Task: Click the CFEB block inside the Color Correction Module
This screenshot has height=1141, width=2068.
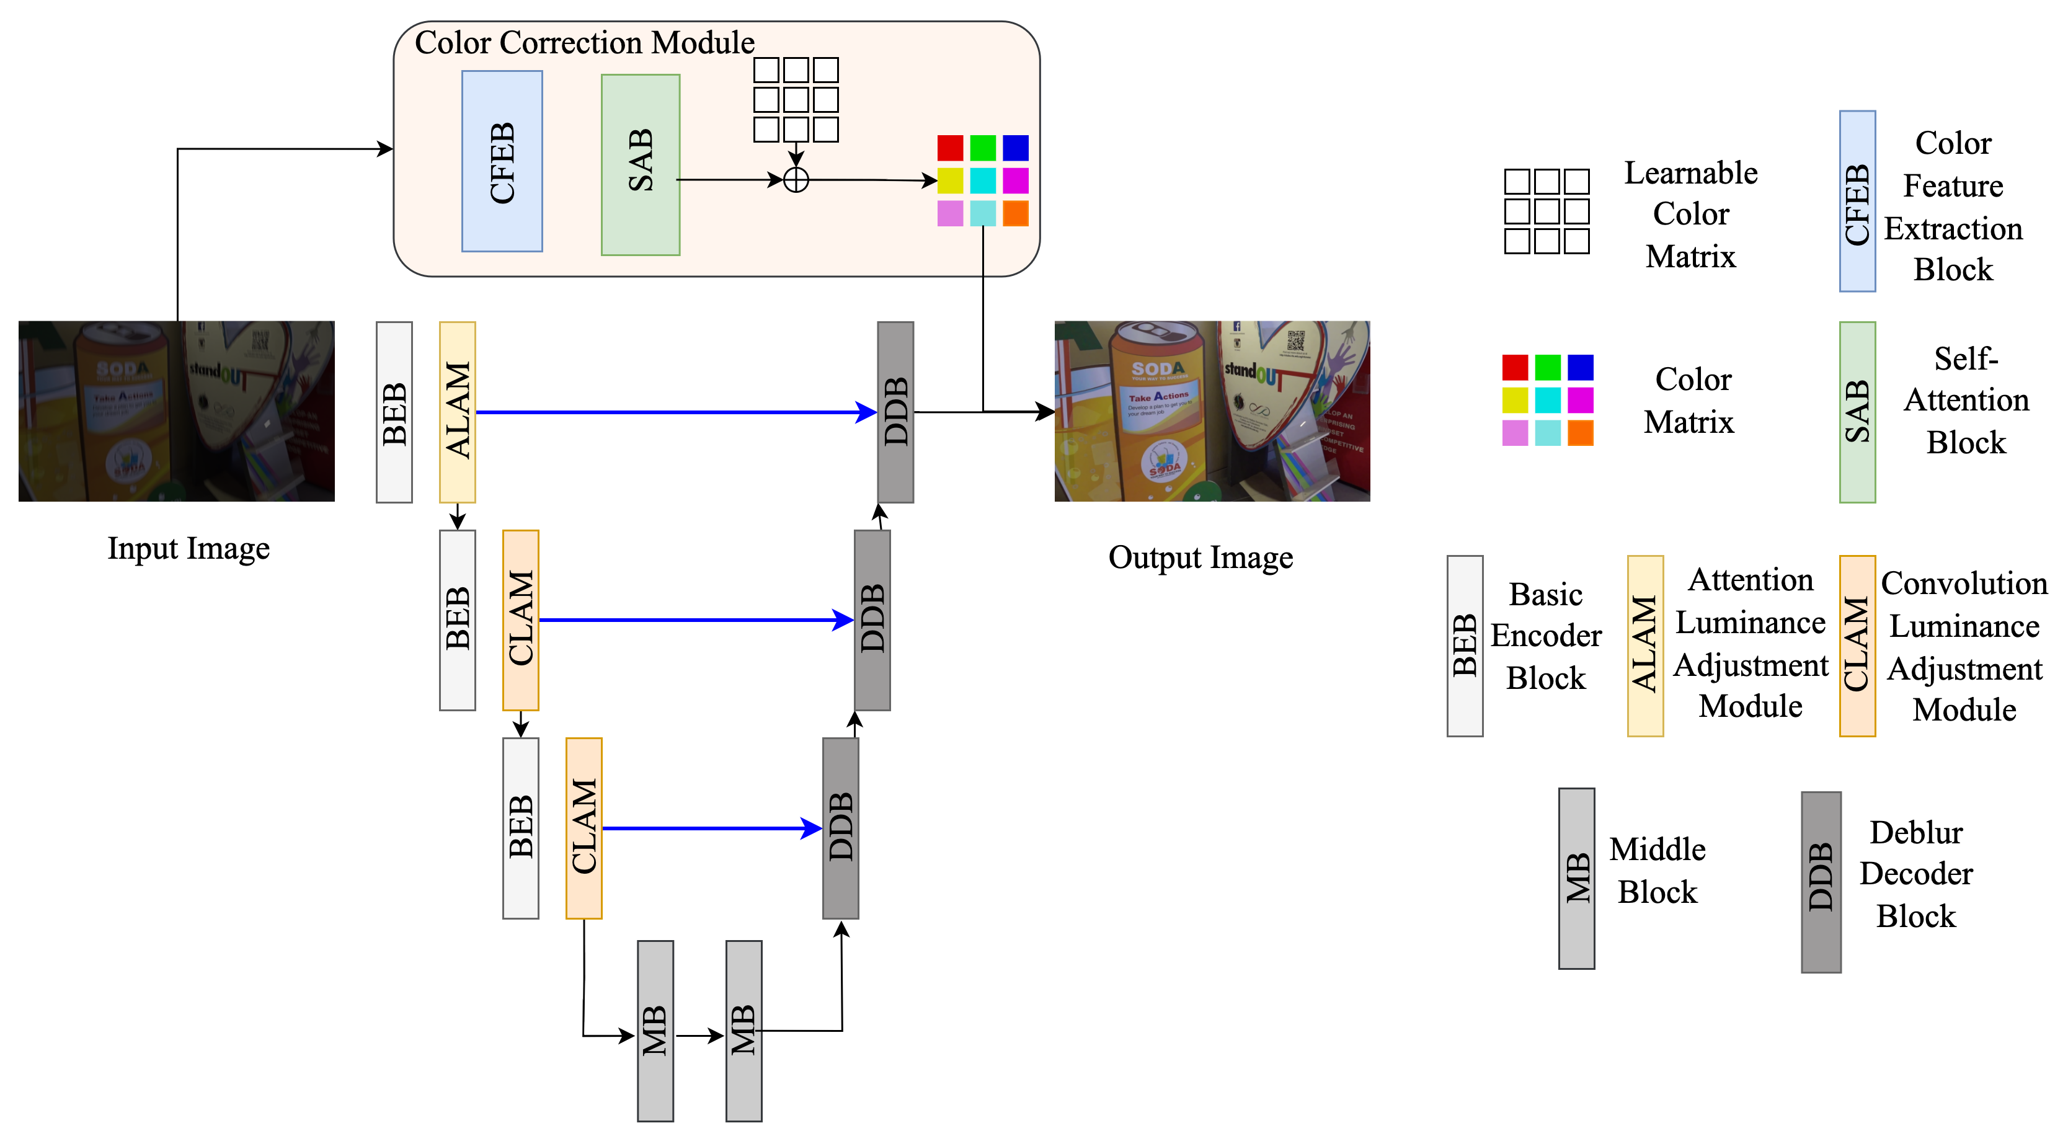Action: (x=502, y=161)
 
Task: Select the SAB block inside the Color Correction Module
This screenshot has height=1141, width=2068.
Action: (x=640, y=164)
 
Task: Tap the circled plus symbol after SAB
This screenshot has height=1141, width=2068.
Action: (x=795, y=180)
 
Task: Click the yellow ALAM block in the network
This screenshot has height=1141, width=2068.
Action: (x=457, y=412)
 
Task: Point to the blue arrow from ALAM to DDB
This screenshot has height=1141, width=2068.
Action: (x=675, y=412)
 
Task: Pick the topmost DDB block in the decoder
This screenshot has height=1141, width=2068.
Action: (x=895, y=412)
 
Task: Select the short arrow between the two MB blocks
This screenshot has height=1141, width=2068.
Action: (x=699, y=1036)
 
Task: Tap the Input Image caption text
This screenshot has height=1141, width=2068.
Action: (x=189, y=548)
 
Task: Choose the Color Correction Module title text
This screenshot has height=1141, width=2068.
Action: (x=584, y=43)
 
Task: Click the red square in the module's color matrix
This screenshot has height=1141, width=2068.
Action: (x=950, y=148)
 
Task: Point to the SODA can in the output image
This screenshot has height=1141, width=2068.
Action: (x=1156, y=409)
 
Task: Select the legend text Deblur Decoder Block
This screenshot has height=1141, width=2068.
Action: (x=1915, y=874)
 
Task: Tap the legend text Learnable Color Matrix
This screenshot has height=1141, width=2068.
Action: (x=1691, y=215)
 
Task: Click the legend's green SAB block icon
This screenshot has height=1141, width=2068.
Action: (x=1857, y=412)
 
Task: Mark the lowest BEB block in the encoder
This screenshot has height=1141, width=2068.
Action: (x=520, y=828)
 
